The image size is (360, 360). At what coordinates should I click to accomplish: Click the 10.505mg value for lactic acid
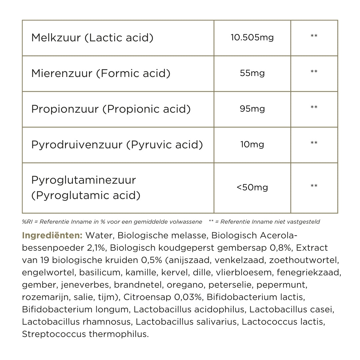click(252, 37)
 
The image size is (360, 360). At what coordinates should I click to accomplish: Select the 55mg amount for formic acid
click(252, 73)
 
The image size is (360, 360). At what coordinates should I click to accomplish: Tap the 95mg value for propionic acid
click(252, 109)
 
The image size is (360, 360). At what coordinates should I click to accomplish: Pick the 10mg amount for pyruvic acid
click(252, 145)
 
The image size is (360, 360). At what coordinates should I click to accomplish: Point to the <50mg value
click(252, 187)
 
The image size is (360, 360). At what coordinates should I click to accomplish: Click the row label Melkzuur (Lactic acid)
click(92, 38)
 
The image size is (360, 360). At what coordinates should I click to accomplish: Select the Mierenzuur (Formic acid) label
click(101, 73)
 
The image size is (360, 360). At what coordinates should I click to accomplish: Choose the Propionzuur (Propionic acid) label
click(111, 109)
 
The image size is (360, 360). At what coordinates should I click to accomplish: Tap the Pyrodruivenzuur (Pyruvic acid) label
click(117, 145)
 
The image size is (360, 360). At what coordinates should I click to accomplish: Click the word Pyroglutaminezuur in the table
click(84, 180)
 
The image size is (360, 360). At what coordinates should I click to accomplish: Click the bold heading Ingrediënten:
click(52, 236)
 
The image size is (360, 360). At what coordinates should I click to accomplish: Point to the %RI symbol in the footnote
click(27, 222)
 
